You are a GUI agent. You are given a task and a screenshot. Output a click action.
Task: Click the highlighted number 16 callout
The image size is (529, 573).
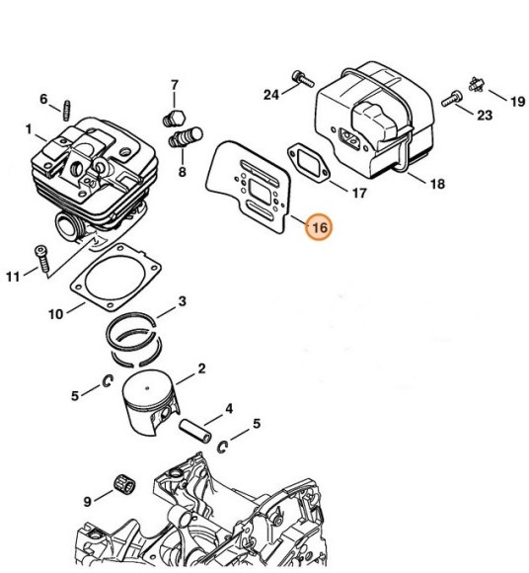[x=320, y=226]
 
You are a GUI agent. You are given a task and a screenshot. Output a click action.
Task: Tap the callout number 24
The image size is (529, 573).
[x=271, y=95]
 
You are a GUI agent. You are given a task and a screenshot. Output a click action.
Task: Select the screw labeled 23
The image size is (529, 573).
[x=452, y=99]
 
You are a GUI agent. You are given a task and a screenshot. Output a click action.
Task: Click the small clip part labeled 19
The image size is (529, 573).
[x=477, y=85]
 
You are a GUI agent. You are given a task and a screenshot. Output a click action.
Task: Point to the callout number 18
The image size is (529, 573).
[x=438, y=184]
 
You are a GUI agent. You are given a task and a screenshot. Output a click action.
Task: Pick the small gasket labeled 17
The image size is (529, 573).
[x=309, y=163]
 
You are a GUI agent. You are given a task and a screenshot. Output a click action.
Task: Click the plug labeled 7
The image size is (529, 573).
[x=174, y=119]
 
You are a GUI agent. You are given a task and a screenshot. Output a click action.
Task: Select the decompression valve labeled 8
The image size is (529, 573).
[x=186, y=136]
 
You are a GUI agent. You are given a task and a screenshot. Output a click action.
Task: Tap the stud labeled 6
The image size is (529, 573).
[x=67, y=110]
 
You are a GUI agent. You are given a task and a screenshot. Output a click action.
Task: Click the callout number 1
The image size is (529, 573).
[x=29, y=129]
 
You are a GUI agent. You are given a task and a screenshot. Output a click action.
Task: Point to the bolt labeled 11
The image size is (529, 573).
[x=42, y=259]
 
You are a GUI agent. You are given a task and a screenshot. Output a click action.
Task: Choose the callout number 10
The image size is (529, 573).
[x=55, y=313]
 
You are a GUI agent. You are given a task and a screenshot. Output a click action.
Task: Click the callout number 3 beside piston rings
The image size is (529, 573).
[x=183, y=301]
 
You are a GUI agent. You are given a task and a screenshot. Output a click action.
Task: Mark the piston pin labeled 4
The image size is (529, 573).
[x=195, y=431]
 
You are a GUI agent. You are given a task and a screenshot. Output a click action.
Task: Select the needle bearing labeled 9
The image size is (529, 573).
[x=124, y=484]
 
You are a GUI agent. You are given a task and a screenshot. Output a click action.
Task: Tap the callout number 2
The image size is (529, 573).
[x=201, y=368]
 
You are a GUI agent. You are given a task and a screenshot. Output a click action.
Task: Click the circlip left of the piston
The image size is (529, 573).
[x=108, y=380]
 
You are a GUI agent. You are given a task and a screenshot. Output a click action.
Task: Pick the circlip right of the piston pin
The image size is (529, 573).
[x=223, y=447]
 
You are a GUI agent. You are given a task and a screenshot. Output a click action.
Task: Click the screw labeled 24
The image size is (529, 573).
[x=303, y=79]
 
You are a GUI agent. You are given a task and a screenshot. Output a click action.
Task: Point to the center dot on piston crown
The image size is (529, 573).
[x=147, y=388]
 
